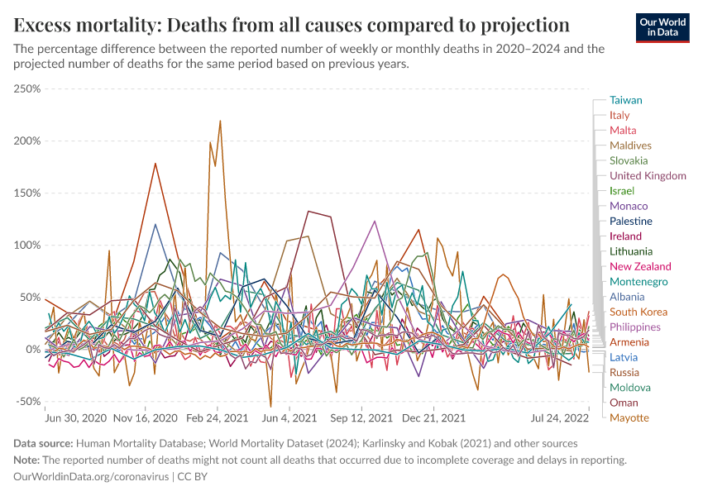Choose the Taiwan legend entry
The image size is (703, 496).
coord(626,100)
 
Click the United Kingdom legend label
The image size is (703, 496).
coord(648,175)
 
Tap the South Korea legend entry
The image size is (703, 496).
coord(638,312)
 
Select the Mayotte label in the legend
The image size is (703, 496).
coord(629,417)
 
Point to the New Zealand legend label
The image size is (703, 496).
coord(640,266)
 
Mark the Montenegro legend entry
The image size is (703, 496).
coord(638,282)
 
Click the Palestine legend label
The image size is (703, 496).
coord(631,221)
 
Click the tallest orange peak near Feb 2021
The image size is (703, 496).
coord(220,121)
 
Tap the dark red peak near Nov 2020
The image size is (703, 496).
coord(155,163)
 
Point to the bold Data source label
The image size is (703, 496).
coord(44,444)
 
